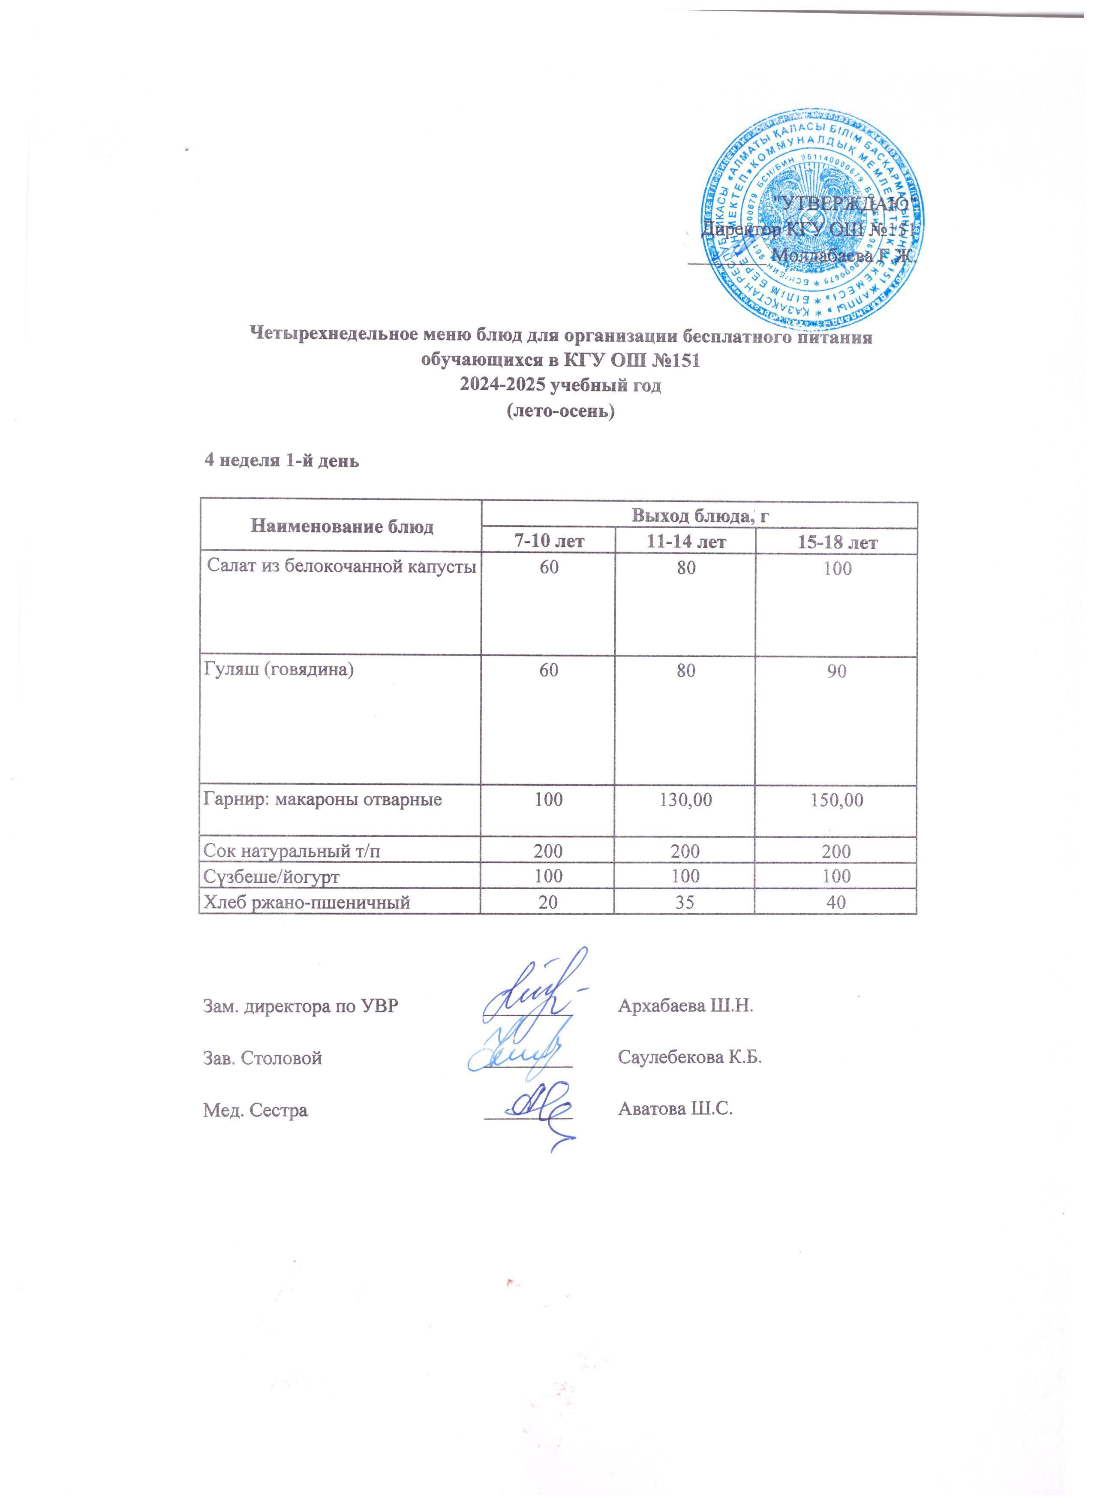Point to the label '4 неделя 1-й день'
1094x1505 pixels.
coord(281,461)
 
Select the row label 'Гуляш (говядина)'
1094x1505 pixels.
coord(278,670)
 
